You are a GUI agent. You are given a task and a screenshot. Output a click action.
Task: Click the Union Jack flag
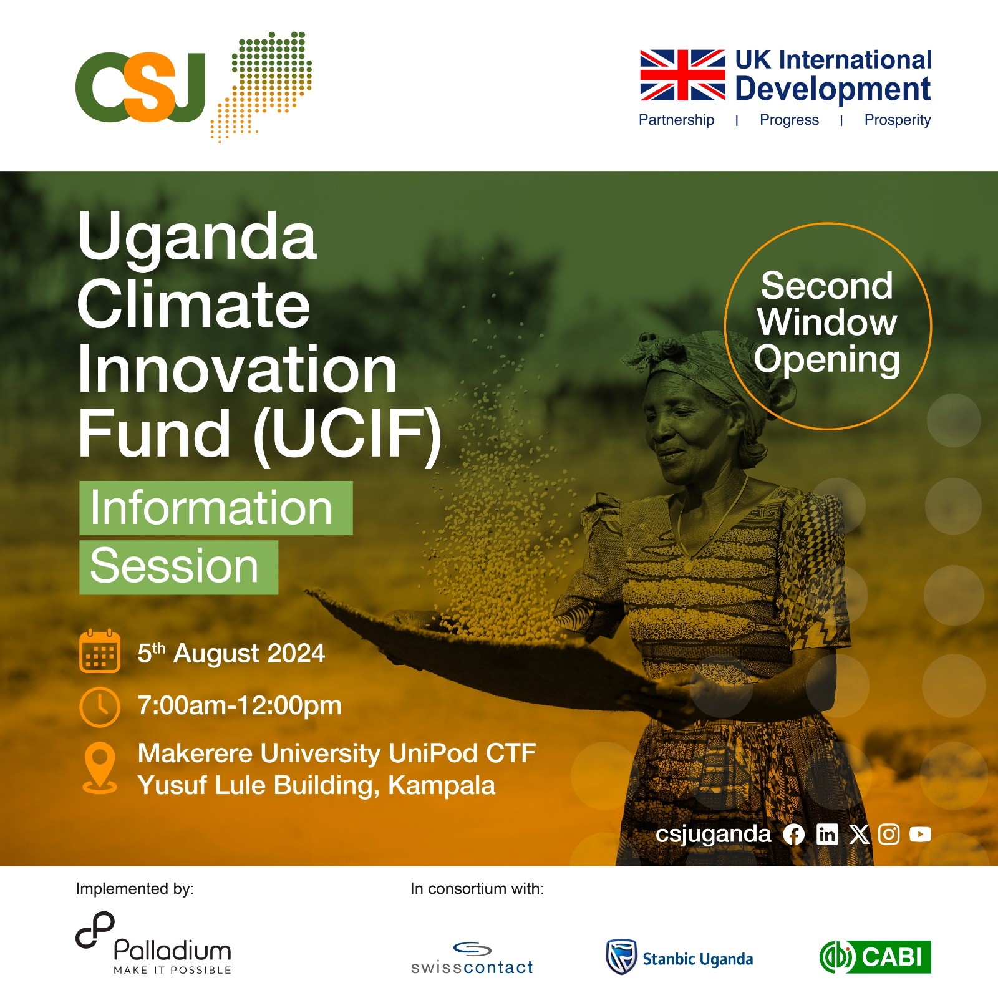point(682,75)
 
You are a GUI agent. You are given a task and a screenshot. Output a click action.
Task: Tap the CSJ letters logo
point(140,87)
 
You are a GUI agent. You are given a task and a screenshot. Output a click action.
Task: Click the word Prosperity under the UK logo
point(898,120)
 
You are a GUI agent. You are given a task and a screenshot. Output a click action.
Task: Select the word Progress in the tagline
point(789,120)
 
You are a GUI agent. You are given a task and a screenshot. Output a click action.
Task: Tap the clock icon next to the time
point(100,707)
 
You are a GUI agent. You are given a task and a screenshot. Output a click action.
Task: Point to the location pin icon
point(100,768)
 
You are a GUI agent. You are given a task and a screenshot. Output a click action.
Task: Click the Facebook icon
point(793,835)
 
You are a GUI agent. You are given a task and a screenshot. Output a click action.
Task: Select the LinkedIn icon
point(827,835)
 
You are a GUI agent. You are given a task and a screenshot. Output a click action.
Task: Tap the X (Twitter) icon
point(860,835)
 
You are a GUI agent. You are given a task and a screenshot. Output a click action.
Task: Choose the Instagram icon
point(889,835)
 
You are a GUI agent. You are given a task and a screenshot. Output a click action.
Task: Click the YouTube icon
point(920,835)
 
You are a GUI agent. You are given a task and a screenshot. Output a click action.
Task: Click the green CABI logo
point(875,957)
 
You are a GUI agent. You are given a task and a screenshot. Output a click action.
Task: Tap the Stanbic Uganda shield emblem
point(621,957)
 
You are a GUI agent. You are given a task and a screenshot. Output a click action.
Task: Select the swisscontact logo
point(472,959)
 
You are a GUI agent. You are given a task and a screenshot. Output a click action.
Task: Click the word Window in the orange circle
point(827,322)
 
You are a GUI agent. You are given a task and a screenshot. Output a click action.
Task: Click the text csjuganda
point(713,835)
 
